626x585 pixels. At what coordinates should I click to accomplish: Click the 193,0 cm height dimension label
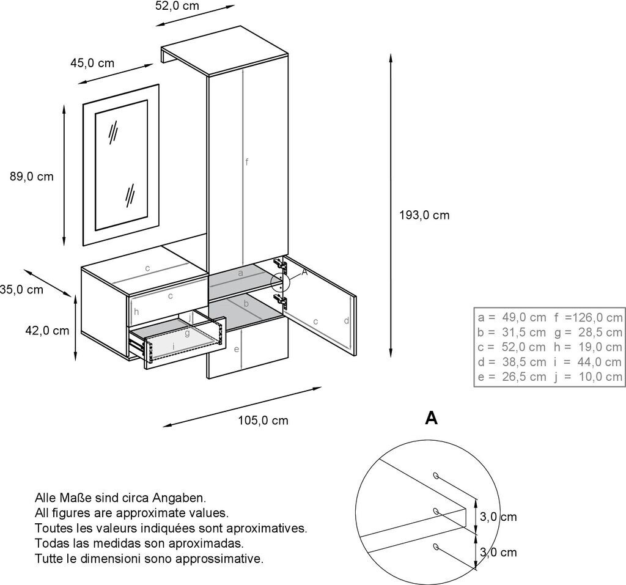pos(424,215)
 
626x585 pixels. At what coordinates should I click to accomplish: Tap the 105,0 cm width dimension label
pos(263,421)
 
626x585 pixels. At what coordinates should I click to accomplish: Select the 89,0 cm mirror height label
pos(32,177)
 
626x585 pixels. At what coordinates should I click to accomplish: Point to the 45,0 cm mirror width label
pos(92,63)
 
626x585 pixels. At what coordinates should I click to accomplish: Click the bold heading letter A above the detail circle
pos(432,418)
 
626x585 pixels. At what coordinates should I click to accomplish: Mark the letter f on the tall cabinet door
pos(247,162)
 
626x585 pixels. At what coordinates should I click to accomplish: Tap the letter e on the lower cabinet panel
pos(236,349)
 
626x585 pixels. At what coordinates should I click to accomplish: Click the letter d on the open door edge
pos(346,320)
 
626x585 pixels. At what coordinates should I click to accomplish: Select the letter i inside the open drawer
pos(174,347)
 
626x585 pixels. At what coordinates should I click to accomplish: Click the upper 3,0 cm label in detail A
pos(498,517)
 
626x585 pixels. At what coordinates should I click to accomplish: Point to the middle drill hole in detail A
pos(435,510)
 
